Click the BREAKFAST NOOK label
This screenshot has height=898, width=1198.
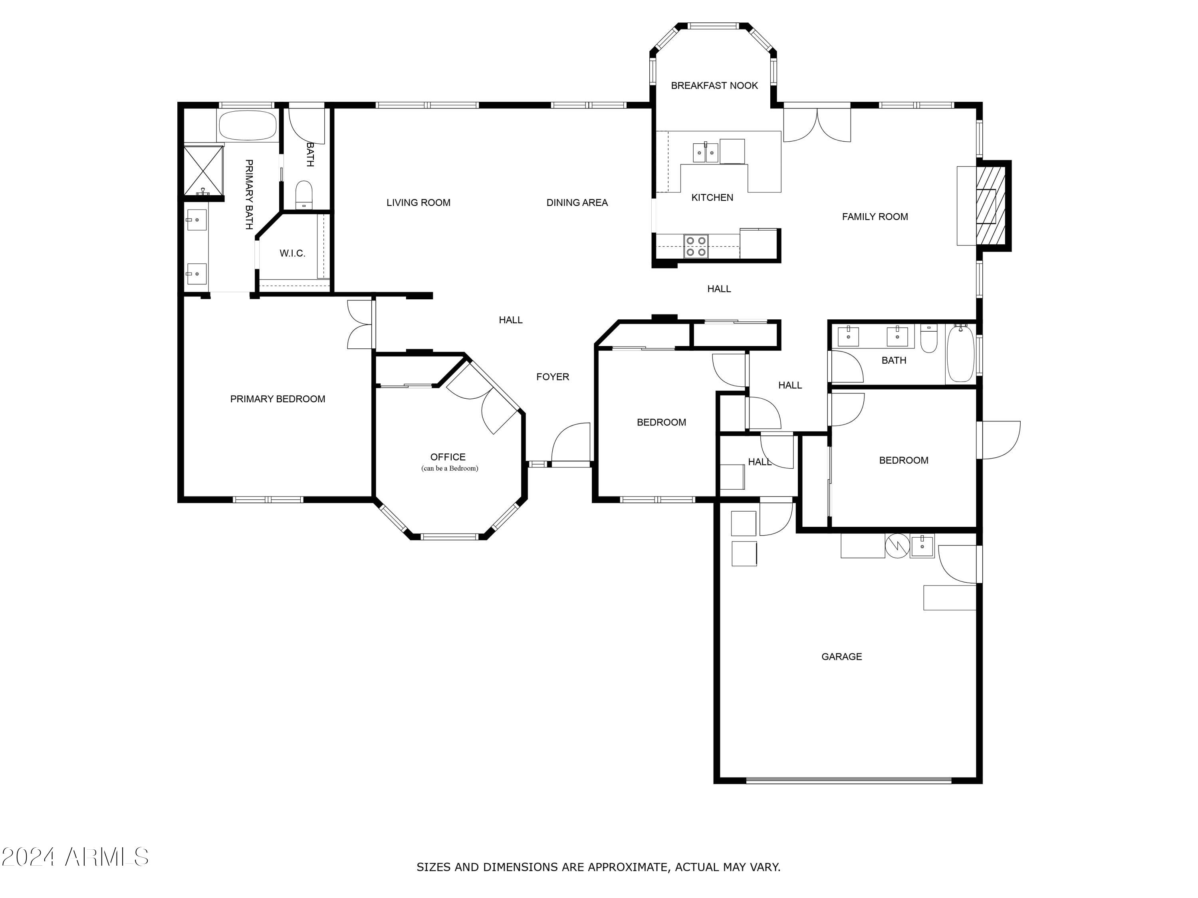point(714,85)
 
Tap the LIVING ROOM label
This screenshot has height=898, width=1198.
point(418,202)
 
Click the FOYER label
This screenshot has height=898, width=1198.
point(552,377)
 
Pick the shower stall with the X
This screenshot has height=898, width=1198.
point(204,170)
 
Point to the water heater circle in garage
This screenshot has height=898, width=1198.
point(897,546)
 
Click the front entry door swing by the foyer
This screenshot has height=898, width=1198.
point(570,443)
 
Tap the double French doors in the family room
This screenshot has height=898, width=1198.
point(817,125)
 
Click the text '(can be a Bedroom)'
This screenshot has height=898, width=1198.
point(450,468)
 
